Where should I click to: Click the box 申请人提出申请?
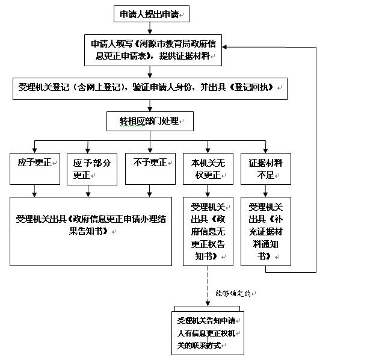coord(152,14)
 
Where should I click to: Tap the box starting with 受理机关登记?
coord(149,88)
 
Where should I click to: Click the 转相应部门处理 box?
coord(150,120)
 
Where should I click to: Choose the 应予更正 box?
coord(35,168)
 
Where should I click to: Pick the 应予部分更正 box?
coord(91,169)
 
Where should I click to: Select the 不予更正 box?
coord(150,168)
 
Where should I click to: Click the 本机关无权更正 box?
coord(208,169)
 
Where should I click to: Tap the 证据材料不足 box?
coord(265,169)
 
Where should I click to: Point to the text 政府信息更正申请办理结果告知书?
coord(91,223)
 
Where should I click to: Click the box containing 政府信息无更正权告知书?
coord(208,231)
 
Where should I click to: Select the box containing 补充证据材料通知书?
coord(265,231)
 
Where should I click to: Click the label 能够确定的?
coord(235,293)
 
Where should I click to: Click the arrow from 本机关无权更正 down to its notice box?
coord(208,190)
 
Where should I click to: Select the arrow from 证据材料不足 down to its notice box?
coord(265,190)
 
